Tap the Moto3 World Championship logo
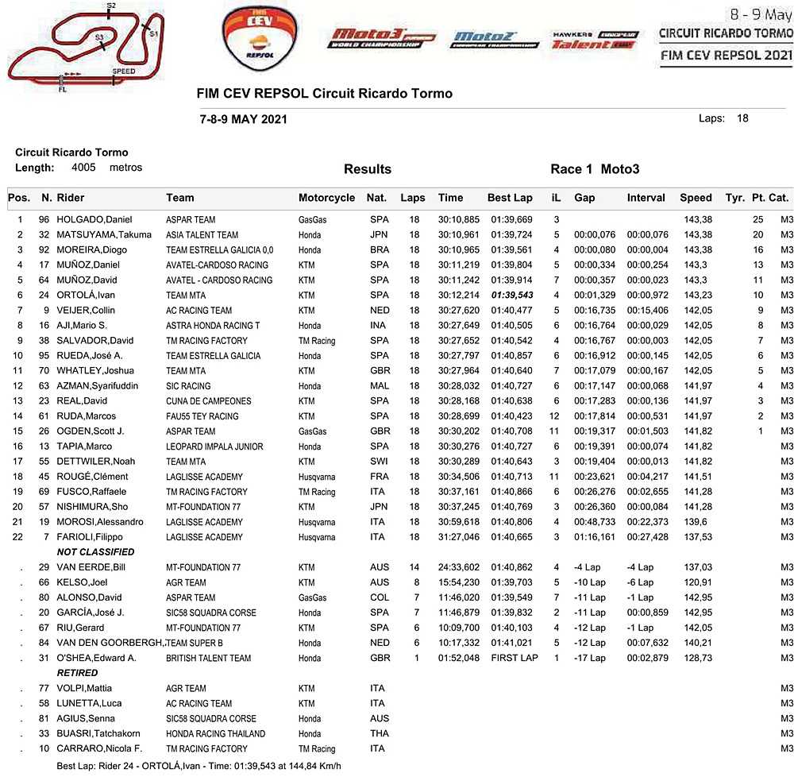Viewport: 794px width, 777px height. (373, 38)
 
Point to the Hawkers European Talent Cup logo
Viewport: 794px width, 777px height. (595, 41)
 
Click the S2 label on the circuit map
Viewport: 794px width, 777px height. (110, 6)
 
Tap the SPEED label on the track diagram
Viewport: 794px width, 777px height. (123, 72)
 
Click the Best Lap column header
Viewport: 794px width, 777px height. (510, 198)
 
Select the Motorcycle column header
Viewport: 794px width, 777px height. (326, 198)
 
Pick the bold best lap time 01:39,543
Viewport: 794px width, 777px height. (511, 295)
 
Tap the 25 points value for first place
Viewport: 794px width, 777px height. (757, 219)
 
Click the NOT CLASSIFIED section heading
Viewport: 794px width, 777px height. (95, 552)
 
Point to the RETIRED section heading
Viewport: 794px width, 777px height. (77, 673)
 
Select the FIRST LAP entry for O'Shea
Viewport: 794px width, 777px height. (514, 658)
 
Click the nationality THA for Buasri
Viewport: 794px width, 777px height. (379, 733)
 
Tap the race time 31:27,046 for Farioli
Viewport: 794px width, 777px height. (458, 537)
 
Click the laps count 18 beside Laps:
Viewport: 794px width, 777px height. (742, 118)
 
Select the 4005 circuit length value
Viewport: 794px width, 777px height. (83, 168)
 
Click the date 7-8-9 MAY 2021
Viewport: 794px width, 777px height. (244, 119)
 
